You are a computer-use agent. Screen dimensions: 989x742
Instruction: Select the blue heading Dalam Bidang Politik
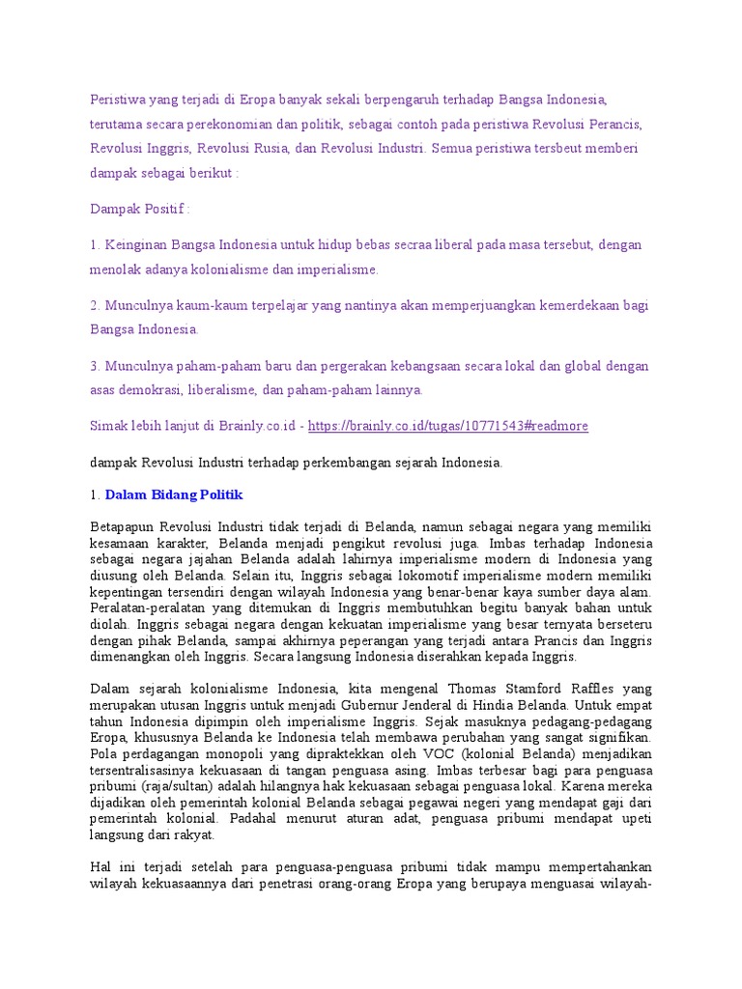pyautogui.click(x=174, y=494)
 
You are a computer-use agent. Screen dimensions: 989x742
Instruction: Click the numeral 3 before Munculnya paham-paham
pyautogui.click(x=94, y=367)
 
